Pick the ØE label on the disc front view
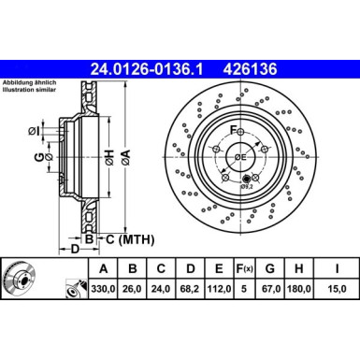238,156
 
